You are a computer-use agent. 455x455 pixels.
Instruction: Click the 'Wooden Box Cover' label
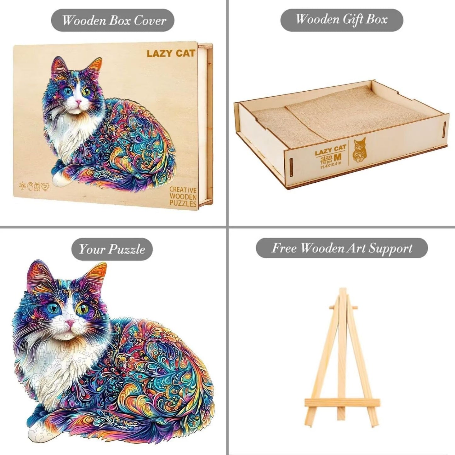point(113,20)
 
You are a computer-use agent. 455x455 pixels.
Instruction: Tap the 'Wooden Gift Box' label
point(342,20)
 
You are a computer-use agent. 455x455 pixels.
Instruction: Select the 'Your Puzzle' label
point(112,249)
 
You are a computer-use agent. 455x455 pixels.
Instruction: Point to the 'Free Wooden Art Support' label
point(342,248)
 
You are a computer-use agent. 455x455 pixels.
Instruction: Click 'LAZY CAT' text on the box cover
point(171,53)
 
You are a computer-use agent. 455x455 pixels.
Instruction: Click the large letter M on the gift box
point(337,156)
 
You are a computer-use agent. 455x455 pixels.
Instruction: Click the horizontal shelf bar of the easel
point(342,402)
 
